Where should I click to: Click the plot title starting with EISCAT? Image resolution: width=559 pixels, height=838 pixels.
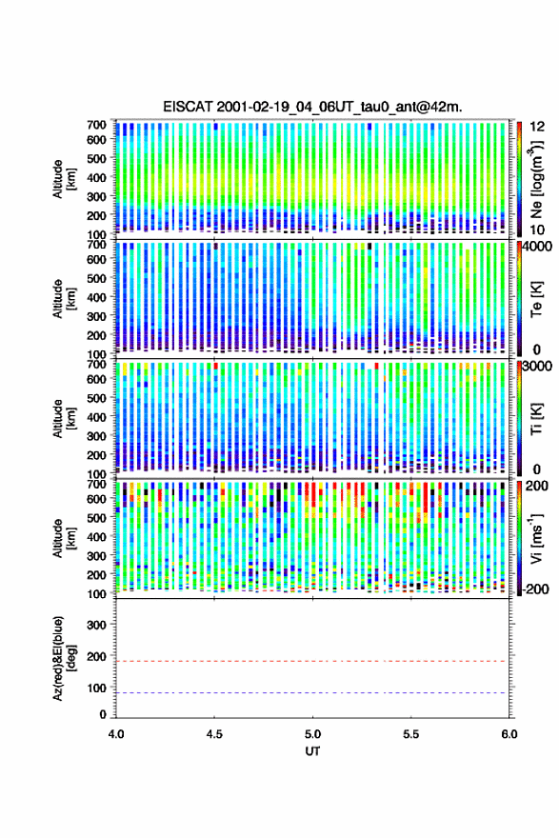pyautogui.click(x=312, y=107)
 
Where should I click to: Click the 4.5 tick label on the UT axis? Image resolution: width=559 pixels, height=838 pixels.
pyautogui.click(x=214, y=734)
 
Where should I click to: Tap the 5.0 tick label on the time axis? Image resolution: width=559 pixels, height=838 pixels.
pyautogui.click(x=312, y=734)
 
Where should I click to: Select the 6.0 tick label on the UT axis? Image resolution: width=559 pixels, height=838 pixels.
pyautogui.click(x=509, y=734)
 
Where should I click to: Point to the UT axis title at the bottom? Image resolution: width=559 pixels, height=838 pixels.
pyautogui.click(x=312, y=751)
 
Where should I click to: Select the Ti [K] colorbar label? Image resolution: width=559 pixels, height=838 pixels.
pyautogui.click(x=536, y=418)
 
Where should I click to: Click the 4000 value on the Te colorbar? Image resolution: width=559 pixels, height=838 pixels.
pyautogui.click(x=537, y=247)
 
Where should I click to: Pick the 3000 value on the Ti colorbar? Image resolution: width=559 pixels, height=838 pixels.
pyautogui.click(x=537, y=366)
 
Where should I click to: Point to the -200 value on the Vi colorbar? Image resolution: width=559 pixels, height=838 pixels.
pyautogui.click(x=535, y=589)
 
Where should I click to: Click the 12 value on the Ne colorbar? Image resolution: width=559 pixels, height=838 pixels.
pyautogui.click(x=538, y=127)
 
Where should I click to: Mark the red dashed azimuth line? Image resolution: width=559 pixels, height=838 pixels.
pyautogui.click(x=311, y=661)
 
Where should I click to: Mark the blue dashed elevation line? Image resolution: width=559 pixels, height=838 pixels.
pyautogui.click(x=311, y=692)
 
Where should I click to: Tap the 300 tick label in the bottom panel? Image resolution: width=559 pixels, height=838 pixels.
pyautogui.click(x=96, y=625)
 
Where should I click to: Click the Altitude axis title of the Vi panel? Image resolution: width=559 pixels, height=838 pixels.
pyautogui.click(x=64, y=538)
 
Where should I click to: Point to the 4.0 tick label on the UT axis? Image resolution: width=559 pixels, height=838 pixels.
pyautogui.click(x=116, y=734)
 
